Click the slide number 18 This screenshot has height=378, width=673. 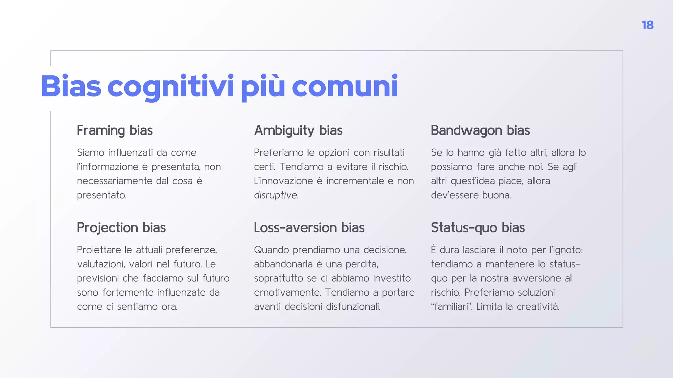(x=647, y=25)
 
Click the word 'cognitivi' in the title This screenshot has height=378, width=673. (x=171, y=87)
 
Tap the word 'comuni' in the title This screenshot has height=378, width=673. (x=345, y=87)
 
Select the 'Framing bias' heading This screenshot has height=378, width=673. (x=115, y=131)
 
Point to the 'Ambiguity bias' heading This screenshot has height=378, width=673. (x=298, y=131)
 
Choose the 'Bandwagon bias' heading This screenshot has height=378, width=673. (x=480, y=131)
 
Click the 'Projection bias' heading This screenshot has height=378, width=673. (x=121, y=228)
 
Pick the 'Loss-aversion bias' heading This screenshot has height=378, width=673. (x=309, y=228)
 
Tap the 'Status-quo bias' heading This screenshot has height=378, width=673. (x=478, y=228)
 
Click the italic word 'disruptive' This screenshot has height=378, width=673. (x=276, y=195)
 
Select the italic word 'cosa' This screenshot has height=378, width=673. (x=182, y=181)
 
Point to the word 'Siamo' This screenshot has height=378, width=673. (x=90, y=153)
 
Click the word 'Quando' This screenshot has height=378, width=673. (x=271, y=250)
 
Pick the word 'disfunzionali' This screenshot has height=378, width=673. (x=353, y=307)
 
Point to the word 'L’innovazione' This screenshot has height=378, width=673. (x=283, y=181)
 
